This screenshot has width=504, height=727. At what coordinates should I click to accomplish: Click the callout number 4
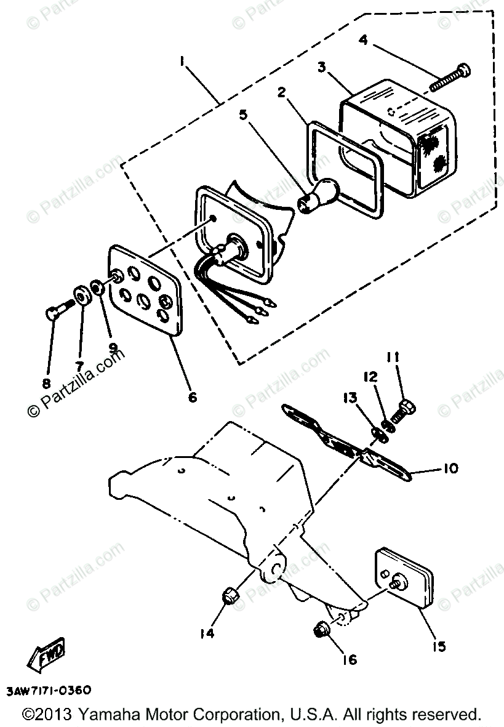[364, 41]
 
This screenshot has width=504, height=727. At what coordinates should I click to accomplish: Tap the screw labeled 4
[454, 76]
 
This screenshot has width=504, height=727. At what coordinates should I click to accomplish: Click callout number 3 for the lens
[321, 67]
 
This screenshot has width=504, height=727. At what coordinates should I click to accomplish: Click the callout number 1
[181, 61]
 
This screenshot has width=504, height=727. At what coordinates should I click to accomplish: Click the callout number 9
[112, 347]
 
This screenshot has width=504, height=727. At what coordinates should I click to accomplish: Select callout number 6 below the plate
[192, 396]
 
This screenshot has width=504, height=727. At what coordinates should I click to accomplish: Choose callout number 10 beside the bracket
[450, 469]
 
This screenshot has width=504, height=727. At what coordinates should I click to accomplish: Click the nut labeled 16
[321, 630]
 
